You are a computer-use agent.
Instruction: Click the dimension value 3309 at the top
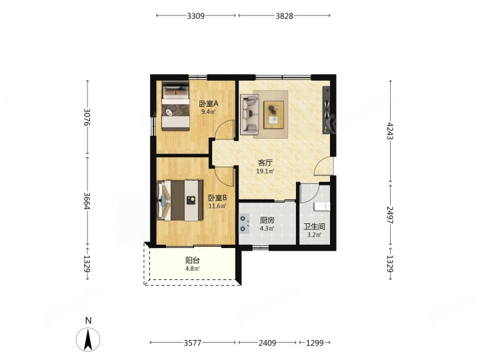195,15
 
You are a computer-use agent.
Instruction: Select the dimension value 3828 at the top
285,15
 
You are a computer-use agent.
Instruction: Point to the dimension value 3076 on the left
87,117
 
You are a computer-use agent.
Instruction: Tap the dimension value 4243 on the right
390,131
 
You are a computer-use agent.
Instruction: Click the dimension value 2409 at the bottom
267,343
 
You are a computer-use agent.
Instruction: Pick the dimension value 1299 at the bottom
315,343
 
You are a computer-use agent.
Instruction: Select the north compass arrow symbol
88,339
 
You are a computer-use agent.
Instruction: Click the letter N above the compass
89,321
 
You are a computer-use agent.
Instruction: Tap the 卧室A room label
209,104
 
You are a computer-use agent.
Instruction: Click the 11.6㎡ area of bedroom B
217,206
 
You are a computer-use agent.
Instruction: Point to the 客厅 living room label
265,163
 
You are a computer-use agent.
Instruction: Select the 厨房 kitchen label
267,220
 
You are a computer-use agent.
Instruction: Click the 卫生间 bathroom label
314,227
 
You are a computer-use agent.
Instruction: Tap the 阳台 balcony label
192,261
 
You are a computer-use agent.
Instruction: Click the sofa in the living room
249,115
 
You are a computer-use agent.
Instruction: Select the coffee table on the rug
274,115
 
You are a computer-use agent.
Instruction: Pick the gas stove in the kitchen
244,224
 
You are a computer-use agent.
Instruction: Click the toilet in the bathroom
323,206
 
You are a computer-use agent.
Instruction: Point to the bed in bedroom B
180,201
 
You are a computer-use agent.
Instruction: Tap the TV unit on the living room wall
327,110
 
